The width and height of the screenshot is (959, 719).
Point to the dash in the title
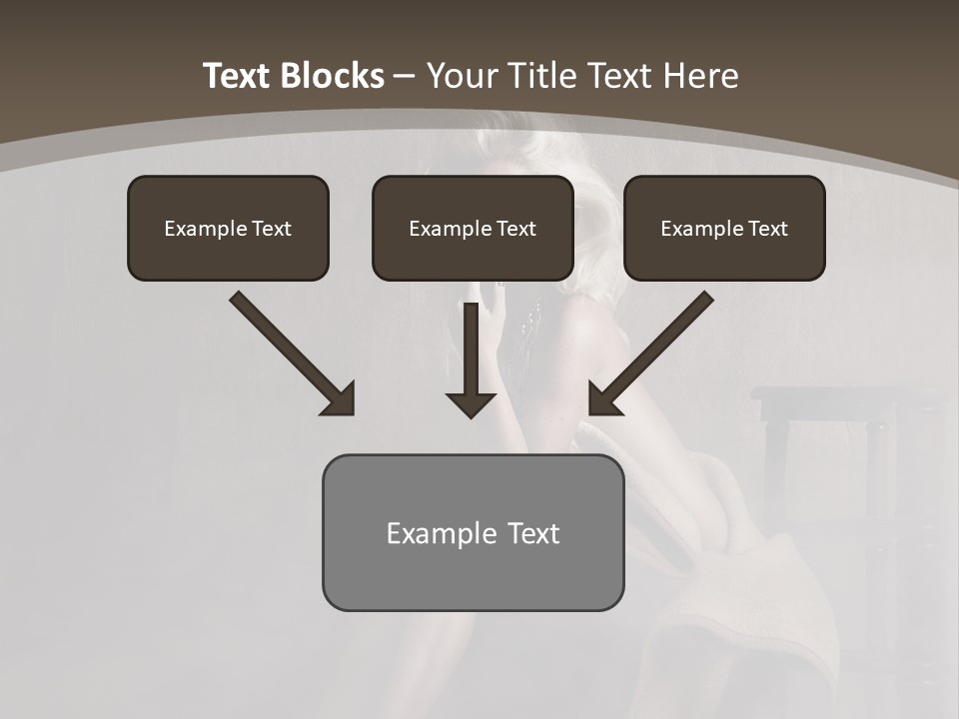[x=405, y=76]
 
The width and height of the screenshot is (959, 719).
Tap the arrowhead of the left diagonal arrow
[x=340, y=399]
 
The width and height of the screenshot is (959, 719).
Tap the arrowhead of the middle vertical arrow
[x=471, y=404]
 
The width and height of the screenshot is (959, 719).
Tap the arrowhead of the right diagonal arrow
[x=603, y=399]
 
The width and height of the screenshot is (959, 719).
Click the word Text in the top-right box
[x=767, y=229]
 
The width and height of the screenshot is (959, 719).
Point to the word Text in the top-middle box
[x=515, y=229]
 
